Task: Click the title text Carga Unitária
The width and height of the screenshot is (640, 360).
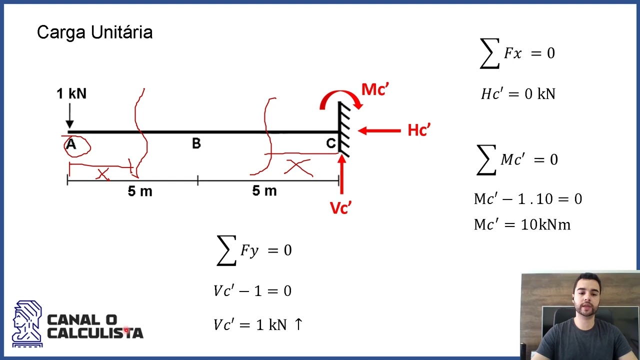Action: click(95, 32)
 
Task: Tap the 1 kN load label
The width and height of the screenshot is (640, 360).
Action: click(71, 93)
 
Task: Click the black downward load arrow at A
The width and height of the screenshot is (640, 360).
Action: click(69, 115)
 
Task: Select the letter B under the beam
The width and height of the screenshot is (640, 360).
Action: click(196, 143)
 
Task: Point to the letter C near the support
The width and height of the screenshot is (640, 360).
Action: click(331, 143)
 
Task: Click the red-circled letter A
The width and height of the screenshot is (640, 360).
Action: click(71, 144)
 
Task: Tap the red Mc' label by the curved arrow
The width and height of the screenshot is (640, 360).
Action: click(375, 89)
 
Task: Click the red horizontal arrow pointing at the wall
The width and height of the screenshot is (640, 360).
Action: click(379, 131)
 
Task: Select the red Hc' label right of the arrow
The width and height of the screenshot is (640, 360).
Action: click(419, 130)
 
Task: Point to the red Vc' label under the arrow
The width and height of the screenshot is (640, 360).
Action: click(340, 207)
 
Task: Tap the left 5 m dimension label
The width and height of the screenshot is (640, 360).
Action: click(140, 191)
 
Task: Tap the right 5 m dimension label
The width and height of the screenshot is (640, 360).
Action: click(264, 190)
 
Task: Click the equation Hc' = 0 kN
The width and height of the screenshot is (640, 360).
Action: click(518, 93)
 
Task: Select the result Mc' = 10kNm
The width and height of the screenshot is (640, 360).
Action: click(522, 224)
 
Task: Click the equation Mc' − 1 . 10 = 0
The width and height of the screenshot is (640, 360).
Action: click(528, 198)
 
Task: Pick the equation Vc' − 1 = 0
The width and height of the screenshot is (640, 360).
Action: click(252, 291)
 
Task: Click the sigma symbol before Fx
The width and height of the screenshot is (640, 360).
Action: click(489, 53)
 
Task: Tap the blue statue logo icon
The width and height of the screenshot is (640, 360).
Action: click(27, 323)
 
